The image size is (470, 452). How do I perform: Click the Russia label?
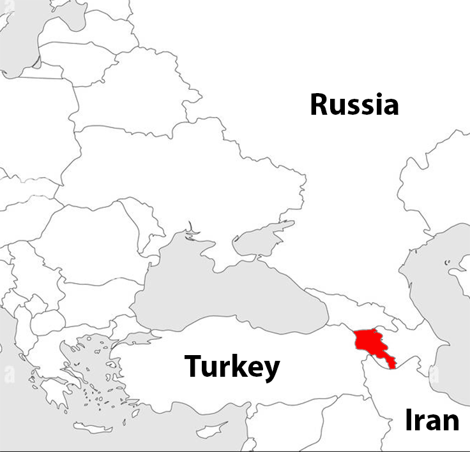pyautogui.click(x=354, y=105)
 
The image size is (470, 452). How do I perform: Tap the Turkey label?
pyautogui.click(x=232, y=367)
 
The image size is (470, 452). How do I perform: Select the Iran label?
pyautogui.click(x=432, y=421)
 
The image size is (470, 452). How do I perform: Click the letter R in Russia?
pyautogui.click(x=321, y=105)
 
